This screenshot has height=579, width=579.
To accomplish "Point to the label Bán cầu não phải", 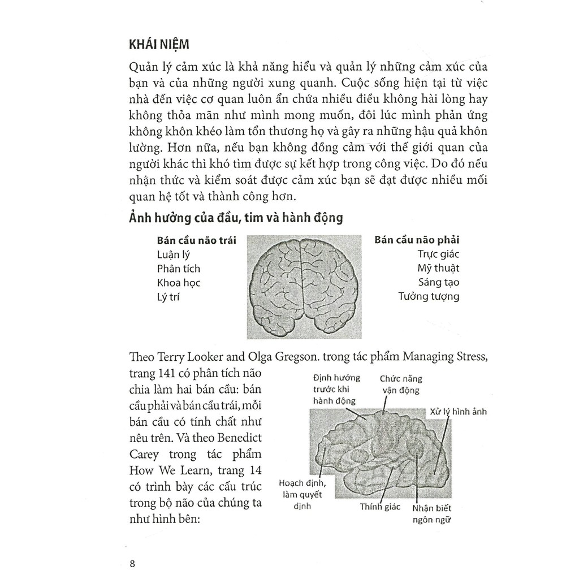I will click(417, 240).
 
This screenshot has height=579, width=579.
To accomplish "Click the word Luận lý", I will click(174, 254).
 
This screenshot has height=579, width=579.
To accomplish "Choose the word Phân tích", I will click(178, 269).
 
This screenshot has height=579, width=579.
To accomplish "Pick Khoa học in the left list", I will click(179, 283).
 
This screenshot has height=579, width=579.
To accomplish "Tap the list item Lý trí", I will click(168, 296).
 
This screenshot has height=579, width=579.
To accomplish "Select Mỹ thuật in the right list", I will click(438, 269).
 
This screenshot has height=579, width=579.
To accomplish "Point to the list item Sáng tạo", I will click(439, 283).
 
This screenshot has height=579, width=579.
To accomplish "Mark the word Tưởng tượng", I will click(429, 296).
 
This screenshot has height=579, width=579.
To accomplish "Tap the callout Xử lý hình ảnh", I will click(458, 412).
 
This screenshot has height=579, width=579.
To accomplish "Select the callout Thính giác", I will click(380, 507).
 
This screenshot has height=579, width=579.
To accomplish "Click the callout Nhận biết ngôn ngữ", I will click(433, 513).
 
